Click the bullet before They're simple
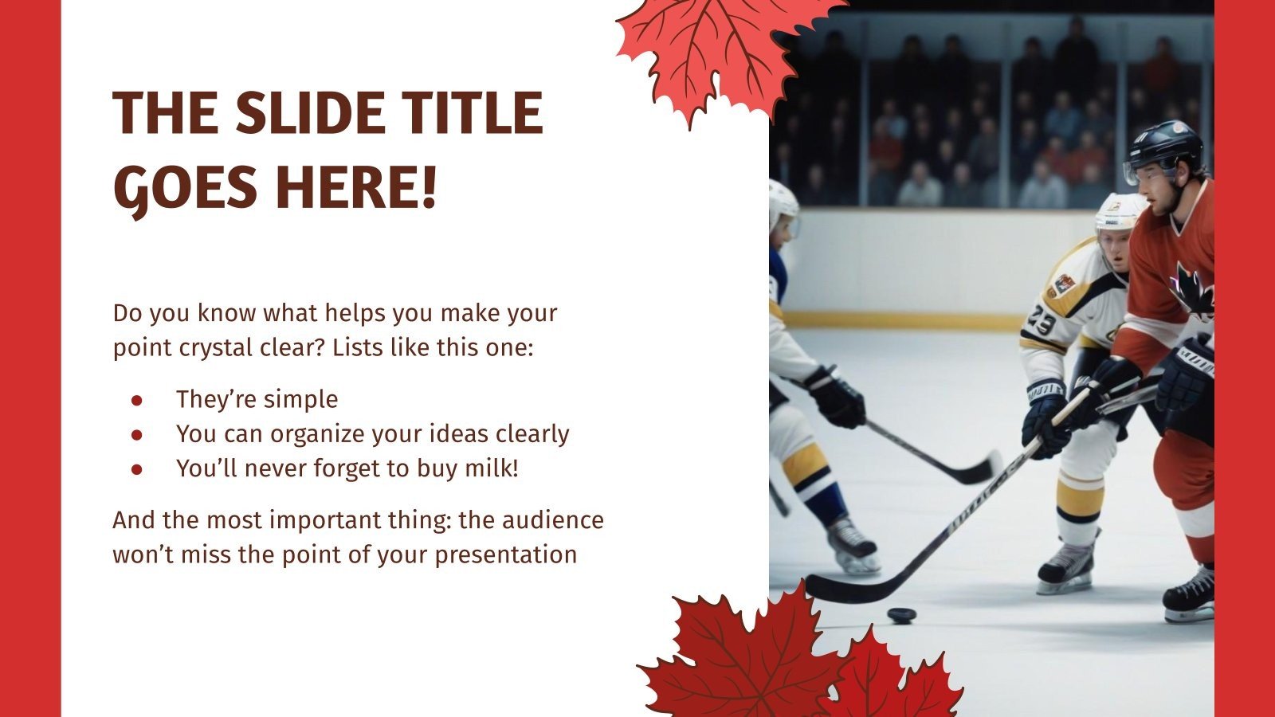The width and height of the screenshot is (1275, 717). tap(136, 400)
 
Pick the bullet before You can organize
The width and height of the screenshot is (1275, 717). tap(136, 435)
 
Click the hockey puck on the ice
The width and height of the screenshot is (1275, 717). tap(902, 615)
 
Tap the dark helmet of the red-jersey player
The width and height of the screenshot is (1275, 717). tap(1166, 145)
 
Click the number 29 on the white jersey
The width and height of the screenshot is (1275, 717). tap(1042, 322)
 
